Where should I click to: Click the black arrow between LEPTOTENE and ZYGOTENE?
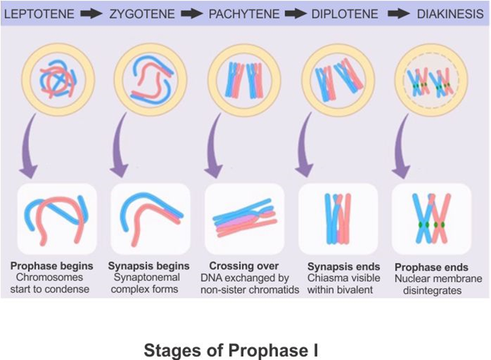pos(91,13)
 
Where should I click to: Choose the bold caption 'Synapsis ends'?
pos(344,266)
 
